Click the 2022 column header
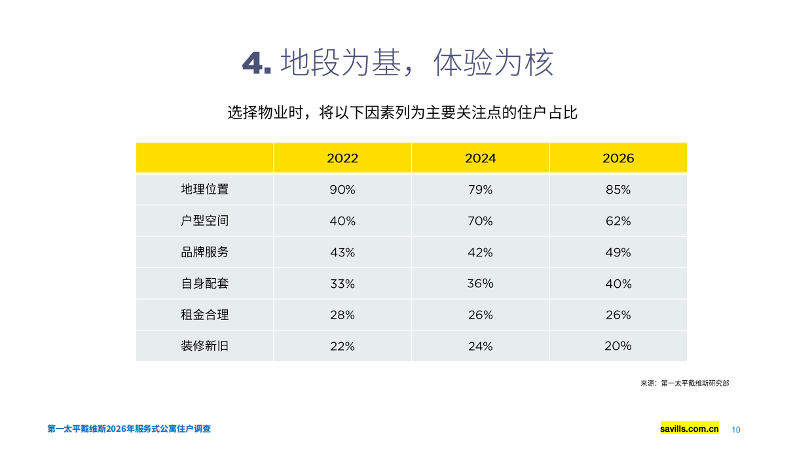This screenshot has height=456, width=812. [342, 158]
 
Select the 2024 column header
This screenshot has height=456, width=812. [480, 158]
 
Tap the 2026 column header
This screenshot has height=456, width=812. [618, 158]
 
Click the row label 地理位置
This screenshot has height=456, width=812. [204, 190]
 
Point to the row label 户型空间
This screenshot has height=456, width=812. [204, 221]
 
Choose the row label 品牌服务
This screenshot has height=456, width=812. [204, 253]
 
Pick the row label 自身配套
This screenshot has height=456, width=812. [204, 284]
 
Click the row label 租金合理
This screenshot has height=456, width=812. [204, 315]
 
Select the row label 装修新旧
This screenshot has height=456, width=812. [204, 346]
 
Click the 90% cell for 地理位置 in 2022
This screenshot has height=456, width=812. [342, 190]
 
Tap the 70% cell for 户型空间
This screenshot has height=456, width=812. [480, 221]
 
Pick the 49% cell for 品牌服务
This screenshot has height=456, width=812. [618, 253]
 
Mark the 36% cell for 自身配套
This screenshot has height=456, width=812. [480, 284]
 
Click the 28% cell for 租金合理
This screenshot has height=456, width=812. [342, 315]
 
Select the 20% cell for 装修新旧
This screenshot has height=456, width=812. [618, 346]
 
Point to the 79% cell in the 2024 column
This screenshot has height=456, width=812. [480, 190]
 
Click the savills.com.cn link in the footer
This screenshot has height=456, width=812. [690, 429]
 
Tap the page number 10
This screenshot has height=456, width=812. [735, 430]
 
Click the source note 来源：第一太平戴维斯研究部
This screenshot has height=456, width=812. [684, 383]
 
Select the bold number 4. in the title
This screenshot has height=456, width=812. [257, 63]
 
